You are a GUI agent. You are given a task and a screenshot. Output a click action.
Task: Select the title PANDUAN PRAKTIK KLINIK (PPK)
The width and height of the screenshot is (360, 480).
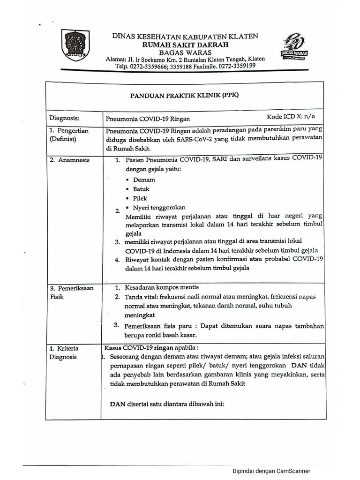[x=184, y=95]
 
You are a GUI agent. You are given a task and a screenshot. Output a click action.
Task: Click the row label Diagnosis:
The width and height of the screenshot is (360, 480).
[x=64, y=119]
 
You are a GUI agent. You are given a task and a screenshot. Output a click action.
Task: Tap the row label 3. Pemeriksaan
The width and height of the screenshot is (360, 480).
[x=72, y=288]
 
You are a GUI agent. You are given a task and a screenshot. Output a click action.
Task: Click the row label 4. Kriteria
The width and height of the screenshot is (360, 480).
[x=65, y=348]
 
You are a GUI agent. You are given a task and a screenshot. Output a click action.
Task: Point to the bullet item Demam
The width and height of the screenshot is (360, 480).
[x=144, y=180]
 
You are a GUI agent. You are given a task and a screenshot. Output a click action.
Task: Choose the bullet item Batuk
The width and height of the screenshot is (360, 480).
[x=141, y=189]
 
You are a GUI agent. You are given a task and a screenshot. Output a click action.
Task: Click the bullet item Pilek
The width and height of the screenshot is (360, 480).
[x=140, y=198]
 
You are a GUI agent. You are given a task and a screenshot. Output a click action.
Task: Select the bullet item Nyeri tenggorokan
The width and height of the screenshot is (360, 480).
[x=159, y=208]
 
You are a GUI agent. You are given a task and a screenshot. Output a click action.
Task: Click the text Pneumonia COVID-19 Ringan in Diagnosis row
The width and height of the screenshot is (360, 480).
[x=148, y=119]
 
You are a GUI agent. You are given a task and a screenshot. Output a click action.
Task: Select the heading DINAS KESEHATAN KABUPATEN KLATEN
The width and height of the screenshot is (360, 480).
[x=184, y=36]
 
